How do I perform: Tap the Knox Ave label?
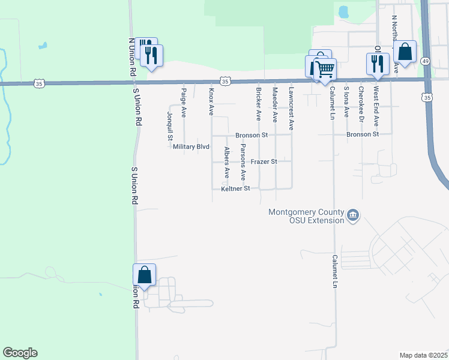(x=211, y=102)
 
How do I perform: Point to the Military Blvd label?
(x=191, y=147)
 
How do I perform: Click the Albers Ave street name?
(x=227, y=163)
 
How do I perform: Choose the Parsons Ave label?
(x=243, y=162)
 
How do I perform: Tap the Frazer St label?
(x=264, y=162)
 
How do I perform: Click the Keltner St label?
(x=235, y=189)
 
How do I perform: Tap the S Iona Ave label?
(x=346, y=101)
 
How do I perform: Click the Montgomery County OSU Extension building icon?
(x=353, y=214)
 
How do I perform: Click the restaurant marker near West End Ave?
(x=378, y=63)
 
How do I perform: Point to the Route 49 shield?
(x=426, y=61)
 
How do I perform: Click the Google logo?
(x=20, y=353)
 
